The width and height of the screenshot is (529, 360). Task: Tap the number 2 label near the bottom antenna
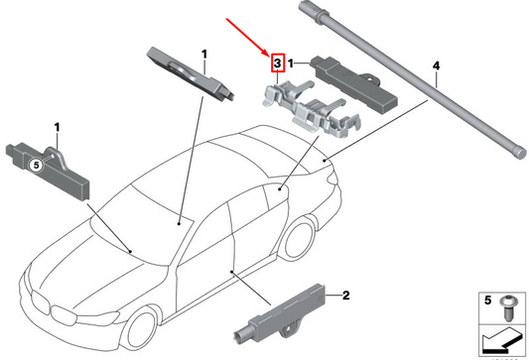344,295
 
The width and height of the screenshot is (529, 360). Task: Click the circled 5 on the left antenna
34,167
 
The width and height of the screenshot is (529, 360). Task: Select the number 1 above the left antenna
58,128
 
